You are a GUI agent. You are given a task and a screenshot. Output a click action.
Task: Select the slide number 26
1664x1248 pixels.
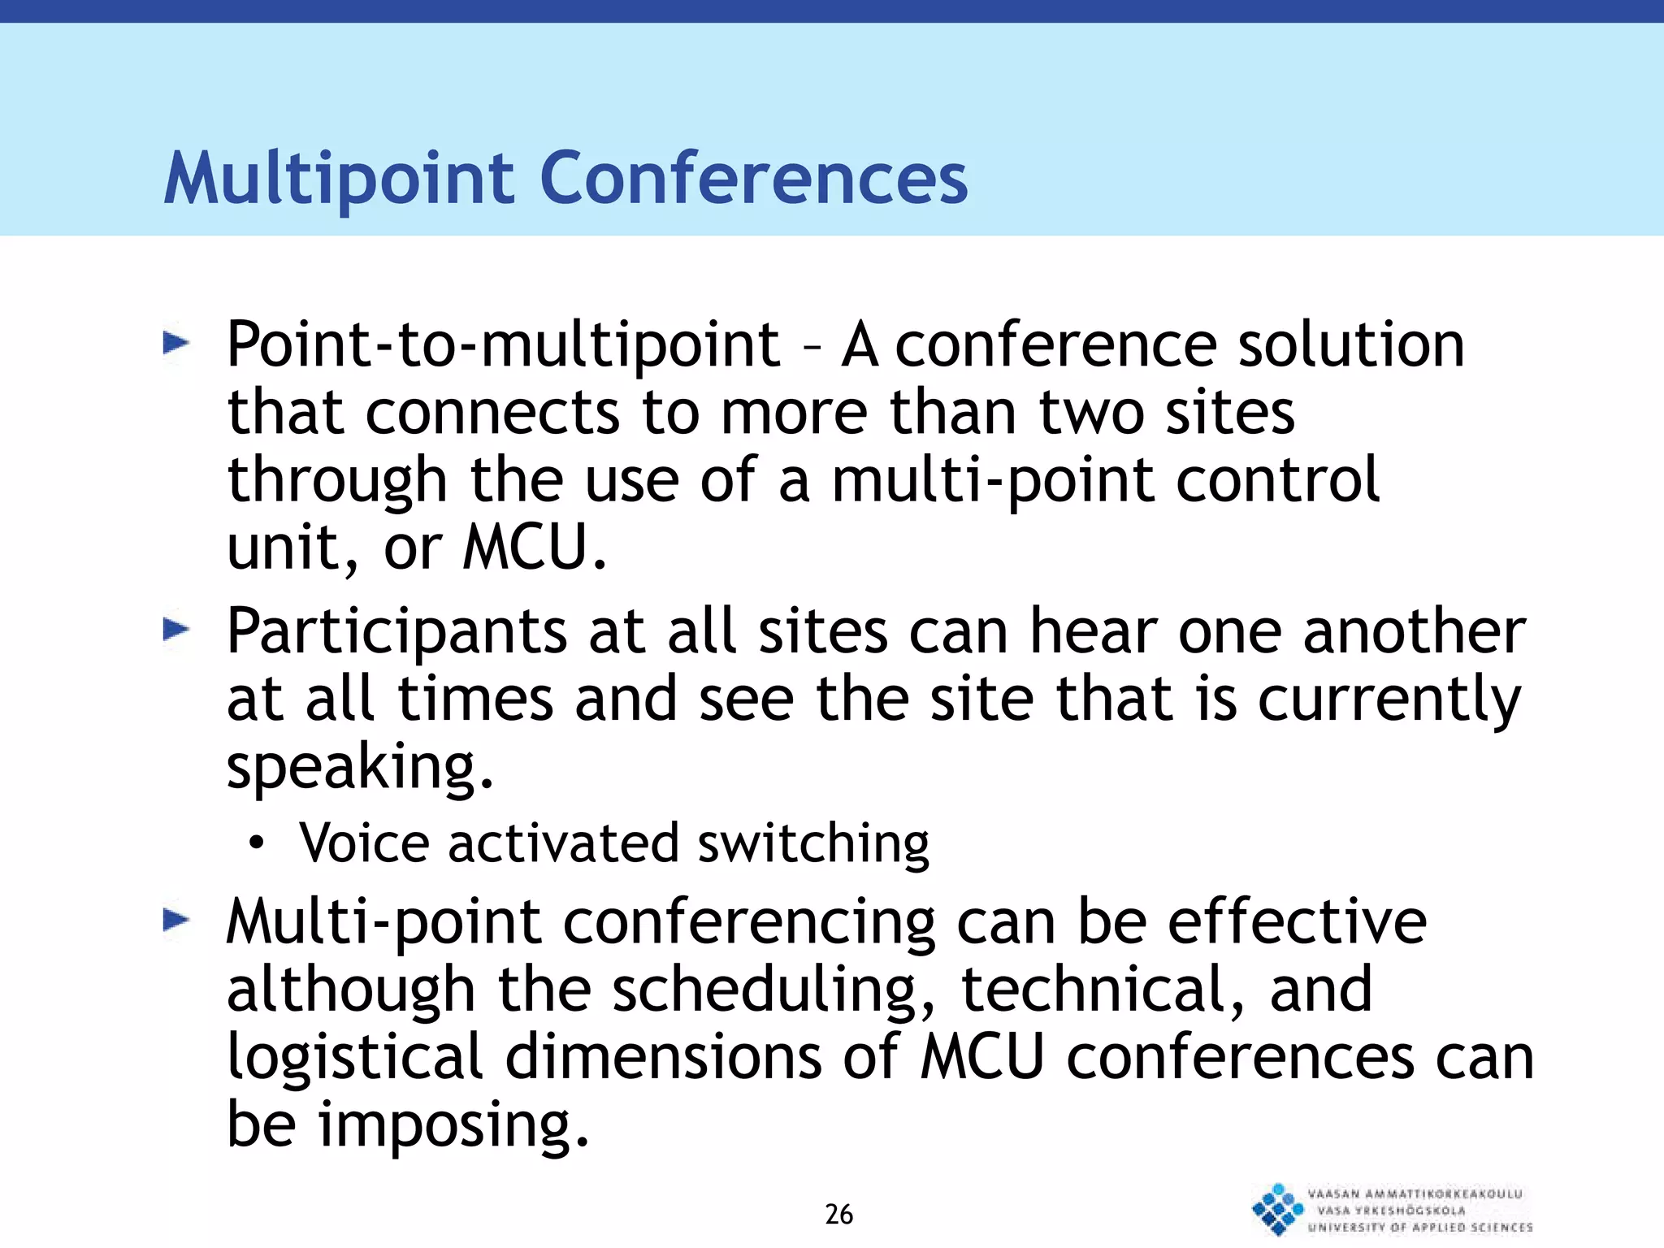coord(838,1214)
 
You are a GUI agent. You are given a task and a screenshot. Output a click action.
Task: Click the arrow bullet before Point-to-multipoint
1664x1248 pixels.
coord(175,344)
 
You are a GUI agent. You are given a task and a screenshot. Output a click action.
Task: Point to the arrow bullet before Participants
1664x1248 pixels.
coord(175,630)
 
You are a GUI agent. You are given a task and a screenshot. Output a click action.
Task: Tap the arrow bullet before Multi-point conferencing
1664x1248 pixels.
coord(175,921)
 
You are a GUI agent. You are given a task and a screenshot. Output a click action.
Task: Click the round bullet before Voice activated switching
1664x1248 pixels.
coord(257,844)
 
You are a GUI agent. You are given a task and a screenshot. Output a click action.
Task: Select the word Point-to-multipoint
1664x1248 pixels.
coord(503,345)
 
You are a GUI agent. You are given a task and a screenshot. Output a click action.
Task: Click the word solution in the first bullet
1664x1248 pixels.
coord(1350,344)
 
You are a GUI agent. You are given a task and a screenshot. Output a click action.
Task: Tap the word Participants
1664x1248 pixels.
coord(396,632)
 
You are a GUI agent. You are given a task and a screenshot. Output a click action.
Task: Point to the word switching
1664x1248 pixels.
coord(812,844)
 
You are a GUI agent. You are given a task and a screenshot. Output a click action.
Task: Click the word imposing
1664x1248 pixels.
coord(452,1125)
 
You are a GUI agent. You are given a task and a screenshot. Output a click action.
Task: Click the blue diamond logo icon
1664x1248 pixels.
coord(1276,1209)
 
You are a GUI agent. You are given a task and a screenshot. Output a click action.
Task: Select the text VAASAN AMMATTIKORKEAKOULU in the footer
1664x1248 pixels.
coord(1415,1194)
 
